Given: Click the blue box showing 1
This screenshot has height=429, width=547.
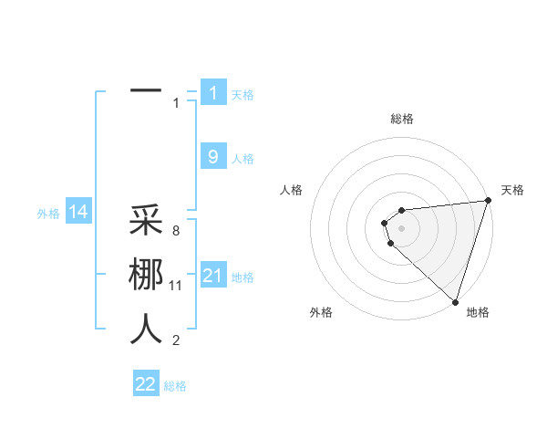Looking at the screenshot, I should pyautogui.click(x=213, y=92).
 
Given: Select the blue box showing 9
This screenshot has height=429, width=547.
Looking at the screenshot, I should pyautogui.click(x=213, y=157).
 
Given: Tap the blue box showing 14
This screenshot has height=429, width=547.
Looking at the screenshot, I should pyautogui.click(x=78, y=213).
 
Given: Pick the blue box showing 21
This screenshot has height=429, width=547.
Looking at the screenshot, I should pyautogui.click(x=213, y=276).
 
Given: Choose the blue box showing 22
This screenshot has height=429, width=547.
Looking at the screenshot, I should pyautogui.click(x=146, y=384).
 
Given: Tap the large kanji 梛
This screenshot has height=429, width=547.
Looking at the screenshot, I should pyautogui.click(x=146, y=275).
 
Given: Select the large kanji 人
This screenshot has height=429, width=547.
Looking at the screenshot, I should pyautogui.click(x=146, y=329).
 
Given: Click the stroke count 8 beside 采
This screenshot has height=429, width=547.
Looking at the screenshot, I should pyautogui.click(x=176, y=232).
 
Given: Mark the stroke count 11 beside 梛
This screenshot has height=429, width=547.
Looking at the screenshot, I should pyautogui.click(x=176, y=286).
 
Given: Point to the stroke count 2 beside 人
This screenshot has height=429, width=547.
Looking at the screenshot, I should pyautogui.click(x=176, y=340).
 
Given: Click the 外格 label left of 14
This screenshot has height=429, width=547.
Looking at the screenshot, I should pyautogui.click(x=47, y=214).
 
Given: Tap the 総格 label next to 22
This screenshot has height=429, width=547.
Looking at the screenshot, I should pyautogui.click(x=175, y=386).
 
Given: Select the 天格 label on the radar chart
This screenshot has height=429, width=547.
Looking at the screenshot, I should pyautogui.click(x=512, y=190).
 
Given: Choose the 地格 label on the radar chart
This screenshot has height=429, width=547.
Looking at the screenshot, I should pyautogui.click(x=478, y=312).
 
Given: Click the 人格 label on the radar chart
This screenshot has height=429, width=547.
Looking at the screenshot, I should pyautogui.click(x=292, y=190).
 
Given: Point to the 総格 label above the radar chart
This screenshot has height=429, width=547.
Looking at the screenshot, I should pyautogui.click(x=401, y=119).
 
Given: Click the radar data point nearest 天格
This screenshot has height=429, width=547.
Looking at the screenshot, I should pyautogui.click(x=487, y=201).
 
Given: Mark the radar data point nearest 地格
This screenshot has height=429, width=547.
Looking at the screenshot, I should pyautogui.click(x=455, y=301).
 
